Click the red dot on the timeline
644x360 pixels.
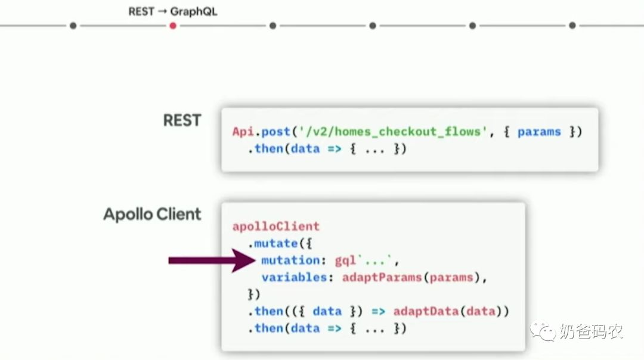pyautogui.click(x=173, y=26)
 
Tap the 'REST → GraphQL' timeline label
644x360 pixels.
pyautogui.click(x=173, y=11)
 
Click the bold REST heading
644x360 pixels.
pyautogui.click(x=182, y=120)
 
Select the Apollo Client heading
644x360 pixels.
pyautogui.click(x=152, y=215)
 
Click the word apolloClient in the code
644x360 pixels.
pyautogui.click(x=275, y=226)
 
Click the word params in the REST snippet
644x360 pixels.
pyautogui.click(x=539, y=132)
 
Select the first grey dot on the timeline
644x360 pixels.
pyautogui.click(x=73, y=26)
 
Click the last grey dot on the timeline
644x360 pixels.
pyautogui.click(x=572, y=26)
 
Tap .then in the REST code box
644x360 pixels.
pyautogui.click(x=268, y=148)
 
